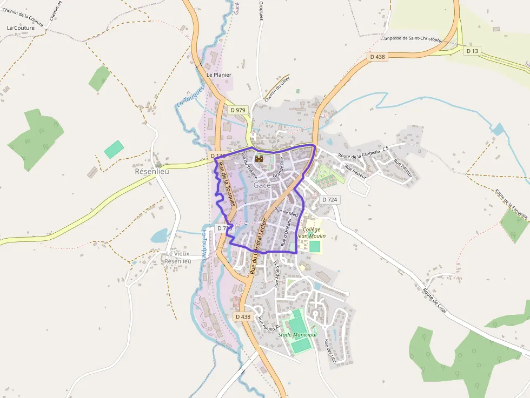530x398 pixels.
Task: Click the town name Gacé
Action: (x=262, y=185)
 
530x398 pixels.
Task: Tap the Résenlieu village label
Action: (x=151, y=171)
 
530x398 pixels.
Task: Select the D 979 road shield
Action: (x=238, y=110)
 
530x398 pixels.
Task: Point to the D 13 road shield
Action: (x=472, y=51)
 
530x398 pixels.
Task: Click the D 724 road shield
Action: (x=329, y=200)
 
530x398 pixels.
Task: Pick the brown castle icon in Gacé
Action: (x=259, y=159)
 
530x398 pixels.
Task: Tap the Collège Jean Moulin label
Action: (x=311, y=233)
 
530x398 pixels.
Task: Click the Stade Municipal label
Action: (x=297, y=335)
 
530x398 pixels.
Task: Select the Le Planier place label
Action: (x=219, y=75)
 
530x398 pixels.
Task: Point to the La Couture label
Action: (x=21, y=28)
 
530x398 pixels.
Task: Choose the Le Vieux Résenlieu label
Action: (x=178, y=257)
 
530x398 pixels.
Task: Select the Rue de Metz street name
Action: (x=287, y=212)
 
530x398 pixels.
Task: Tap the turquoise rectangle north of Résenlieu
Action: (x=114, y=149)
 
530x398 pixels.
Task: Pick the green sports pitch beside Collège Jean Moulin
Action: (x=315, y=246)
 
